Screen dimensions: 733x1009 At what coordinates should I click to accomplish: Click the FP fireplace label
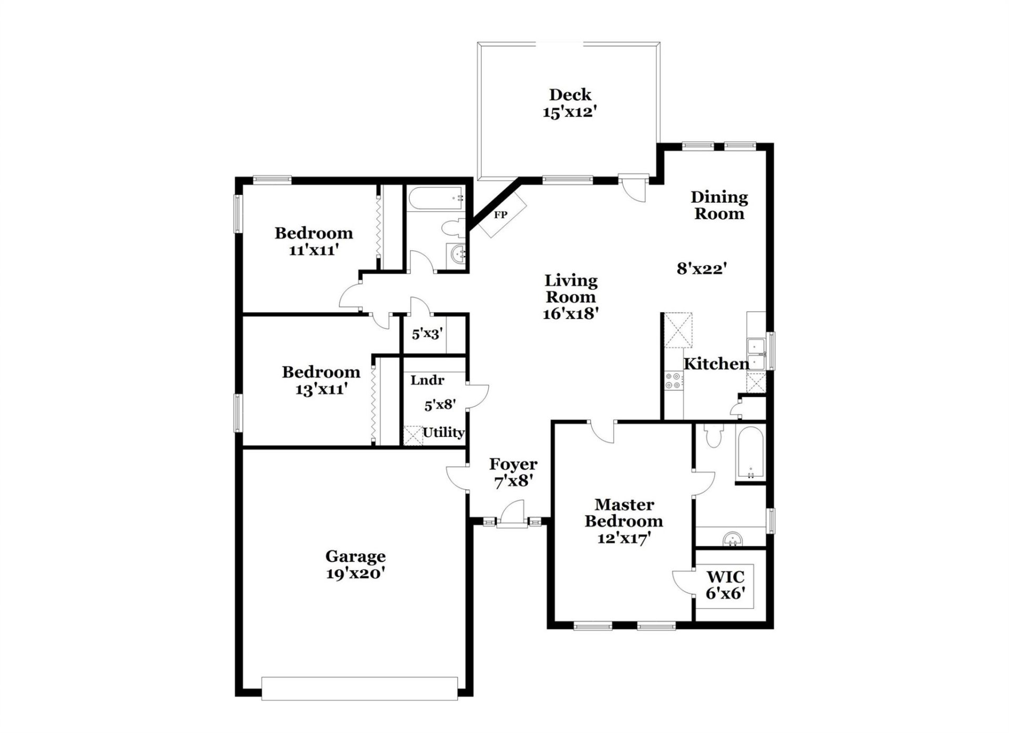tap(500, 215)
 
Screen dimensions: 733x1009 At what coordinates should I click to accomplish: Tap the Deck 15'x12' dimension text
tap(570, 112)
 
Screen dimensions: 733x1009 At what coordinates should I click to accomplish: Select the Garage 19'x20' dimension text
tap(355, 573)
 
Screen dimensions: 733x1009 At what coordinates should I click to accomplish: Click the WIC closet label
tap(725, 577)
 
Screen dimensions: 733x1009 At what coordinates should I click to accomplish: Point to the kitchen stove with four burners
tap(673, 380)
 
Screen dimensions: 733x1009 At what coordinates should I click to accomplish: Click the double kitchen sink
tap(756, 355)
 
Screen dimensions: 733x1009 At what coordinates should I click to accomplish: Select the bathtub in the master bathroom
tap(750, 453)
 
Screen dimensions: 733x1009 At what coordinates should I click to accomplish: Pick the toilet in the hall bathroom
tap(452, 228)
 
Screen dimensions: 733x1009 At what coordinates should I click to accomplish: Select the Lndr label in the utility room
tap(427, 380)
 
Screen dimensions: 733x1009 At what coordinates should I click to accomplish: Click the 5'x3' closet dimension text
tap(427, 334)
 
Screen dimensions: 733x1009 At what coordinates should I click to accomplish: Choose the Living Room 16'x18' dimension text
tap(571, 314)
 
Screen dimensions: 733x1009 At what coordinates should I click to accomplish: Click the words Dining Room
tap(719, 205)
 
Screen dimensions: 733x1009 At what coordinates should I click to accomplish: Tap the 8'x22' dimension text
tap(701, 269)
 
